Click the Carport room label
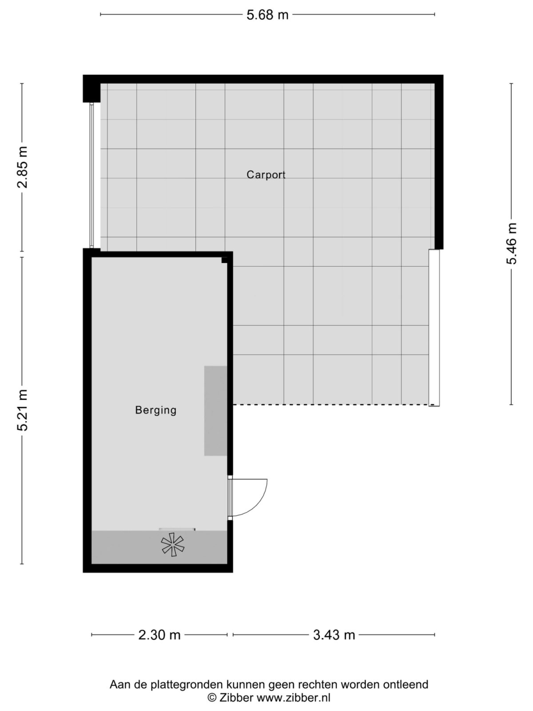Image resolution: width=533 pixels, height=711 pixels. (266, 175)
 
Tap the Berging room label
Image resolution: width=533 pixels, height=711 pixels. (155, 410)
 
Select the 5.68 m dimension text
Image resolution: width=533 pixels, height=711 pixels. (267, 15)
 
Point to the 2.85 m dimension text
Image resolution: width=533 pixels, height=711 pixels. (23, 167)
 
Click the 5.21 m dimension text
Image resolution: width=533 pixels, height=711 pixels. (23, 410)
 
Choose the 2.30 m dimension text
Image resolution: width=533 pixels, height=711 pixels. (159, 635)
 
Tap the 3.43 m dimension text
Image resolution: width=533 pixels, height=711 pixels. (334, 635)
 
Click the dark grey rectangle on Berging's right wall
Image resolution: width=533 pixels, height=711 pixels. (215, 411)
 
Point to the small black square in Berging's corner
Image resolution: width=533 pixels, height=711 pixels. (225, 260)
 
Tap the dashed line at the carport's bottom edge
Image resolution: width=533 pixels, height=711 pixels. (331, 404)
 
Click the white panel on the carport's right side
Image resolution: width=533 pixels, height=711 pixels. (434, 328)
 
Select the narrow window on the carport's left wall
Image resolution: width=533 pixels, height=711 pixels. (92, 176)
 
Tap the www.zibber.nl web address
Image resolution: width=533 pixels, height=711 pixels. (294, 698)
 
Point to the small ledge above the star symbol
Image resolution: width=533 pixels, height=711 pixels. (177, 529)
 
